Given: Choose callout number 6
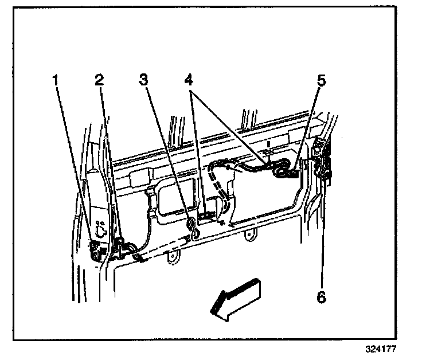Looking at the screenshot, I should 321,296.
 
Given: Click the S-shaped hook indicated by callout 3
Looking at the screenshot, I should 194,225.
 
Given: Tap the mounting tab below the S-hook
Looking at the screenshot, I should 171,260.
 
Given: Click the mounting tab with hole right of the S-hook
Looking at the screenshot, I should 248,234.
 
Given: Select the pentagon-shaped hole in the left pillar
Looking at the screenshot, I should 101,232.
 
